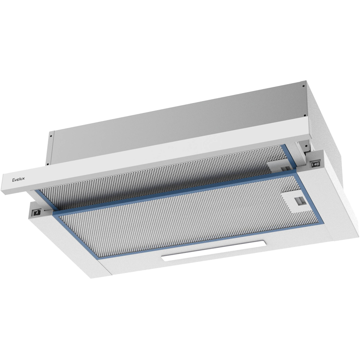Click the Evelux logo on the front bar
click(x=18, y=179)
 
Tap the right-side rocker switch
click(x=316, y=164)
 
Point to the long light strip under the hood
click(x=214, y=250)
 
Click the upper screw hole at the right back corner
click(x=303, y=86)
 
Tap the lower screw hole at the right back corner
click(x=305, y=116)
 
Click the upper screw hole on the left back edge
click(x=50, y=136)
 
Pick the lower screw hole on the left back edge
click(x=47, y=164)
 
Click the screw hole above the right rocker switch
click(x=306, y=145)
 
